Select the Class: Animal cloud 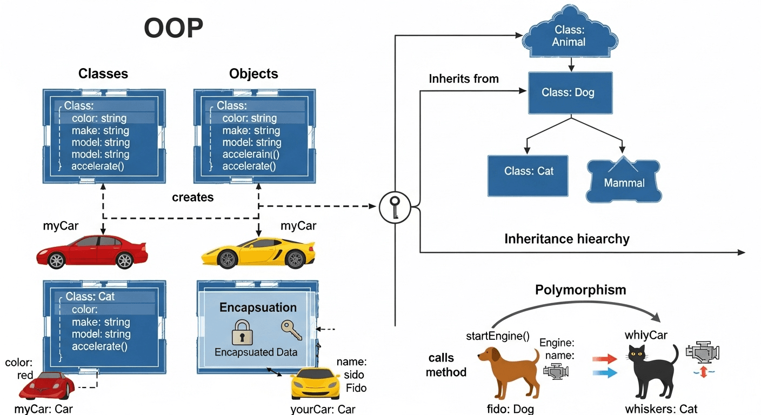tap(569, 35)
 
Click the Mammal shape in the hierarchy tap(624, 179)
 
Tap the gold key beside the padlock tap(291, 330)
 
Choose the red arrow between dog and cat tap(604, 358)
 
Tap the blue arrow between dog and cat tap(604, 372)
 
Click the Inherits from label tap(463, 79)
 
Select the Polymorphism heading tap(580, 290)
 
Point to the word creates tap(193, 197)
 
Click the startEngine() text tap(497, 336)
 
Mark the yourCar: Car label tap(323, 409)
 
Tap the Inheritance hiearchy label tap(567, 238)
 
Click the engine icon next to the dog tap(556, 371)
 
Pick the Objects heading tap(253, 73)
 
